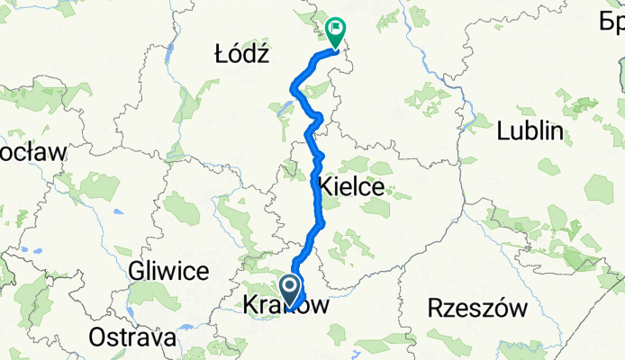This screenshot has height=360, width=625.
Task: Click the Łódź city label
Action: [x=242, y=54]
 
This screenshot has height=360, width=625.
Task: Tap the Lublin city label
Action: [x=530, y=131]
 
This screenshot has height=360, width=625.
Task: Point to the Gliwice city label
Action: [x=168, y=270]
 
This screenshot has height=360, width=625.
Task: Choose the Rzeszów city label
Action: [x=477, y=309]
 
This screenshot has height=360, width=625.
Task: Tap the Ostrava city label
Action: [x=131, y=338]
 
